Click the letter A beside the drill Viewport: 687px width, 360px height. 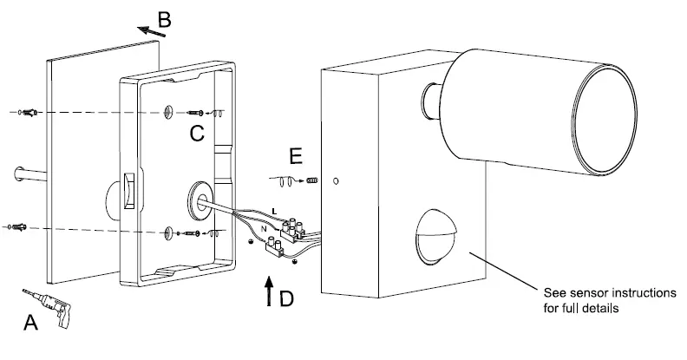(x=30, y=323)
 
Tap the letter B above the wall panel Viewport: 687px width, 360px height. (x=164, y=20)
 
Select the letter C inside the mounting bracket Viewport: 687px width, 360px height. (x=197, y=133)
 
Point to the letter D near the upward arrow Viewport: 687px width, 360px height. (x=286, y=299)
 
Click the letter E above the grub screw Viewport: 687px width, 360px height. (x=296, y=156)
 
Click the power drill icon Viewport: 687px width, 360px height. (x=49, y=306)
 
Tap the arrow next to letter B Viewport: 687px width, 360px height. (x=152, y=31)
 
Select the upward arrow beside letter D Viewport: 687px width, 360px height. (x=269, y=291)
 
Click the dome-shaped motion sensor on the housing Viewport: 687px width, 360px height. (x=435, y=237)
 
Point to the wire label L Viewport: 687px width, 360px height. (x=274, y=212)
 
